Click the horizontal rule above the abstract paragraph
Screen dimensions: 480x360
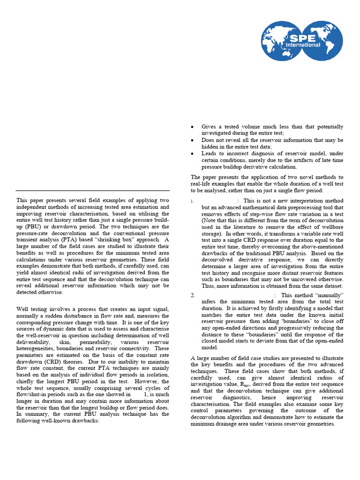92,191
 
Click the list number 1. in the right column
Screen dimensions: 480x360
192,201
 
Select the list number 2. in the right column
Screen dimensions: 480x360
193,295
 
